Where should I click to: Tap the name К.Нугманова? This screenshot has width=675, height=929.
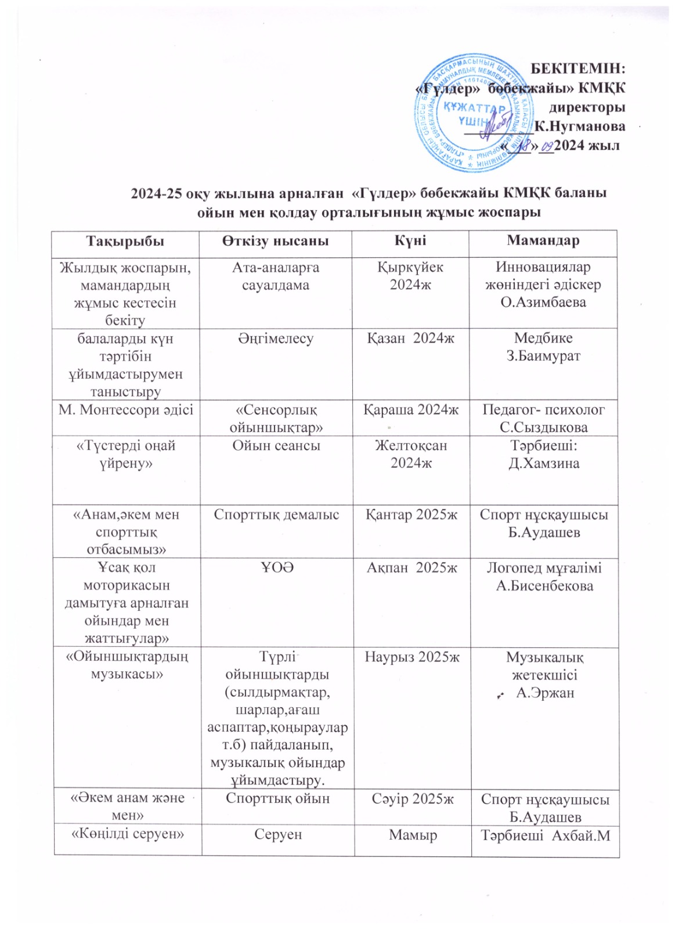point(580,126)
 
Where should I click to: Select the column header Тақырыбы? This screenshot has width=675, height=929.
point(125,241)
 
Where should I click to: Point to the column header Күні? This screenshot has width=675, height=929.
point(410,241)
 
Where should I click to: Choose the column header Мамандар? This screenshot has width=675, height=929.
point(543,241)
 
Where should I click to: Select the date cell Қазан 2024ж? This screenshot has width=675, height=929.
point(410,339)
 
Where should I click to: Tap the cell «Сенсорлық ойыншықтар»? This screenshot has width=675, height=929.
point(276,419)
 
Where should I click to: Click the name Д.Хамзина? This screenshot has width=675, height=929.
point(544,463)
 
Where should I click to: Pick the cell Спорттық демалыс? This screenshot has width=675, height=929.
point(276,515)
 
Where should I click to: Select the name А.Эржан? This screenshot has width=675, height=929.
point(545,693)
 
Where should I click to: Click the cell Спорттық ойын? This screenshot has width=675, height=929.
point(277,799)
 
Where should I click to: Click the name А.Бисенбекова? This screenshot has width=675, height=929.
point(544,586)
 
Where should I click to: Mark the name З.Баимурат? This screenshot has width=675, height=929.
point(543,356)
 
